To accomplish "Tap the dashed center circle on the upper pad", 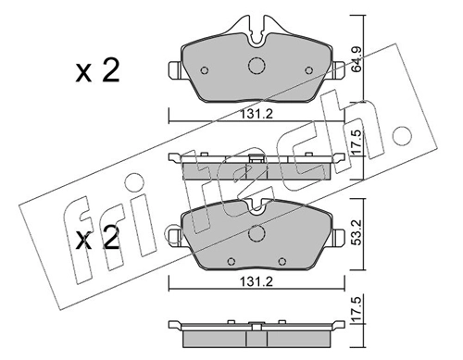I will click(257, 67).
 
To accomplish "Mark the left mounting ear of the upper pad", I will click(172, 69).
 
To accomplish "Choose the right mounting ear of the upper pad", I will click(340, 69).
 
